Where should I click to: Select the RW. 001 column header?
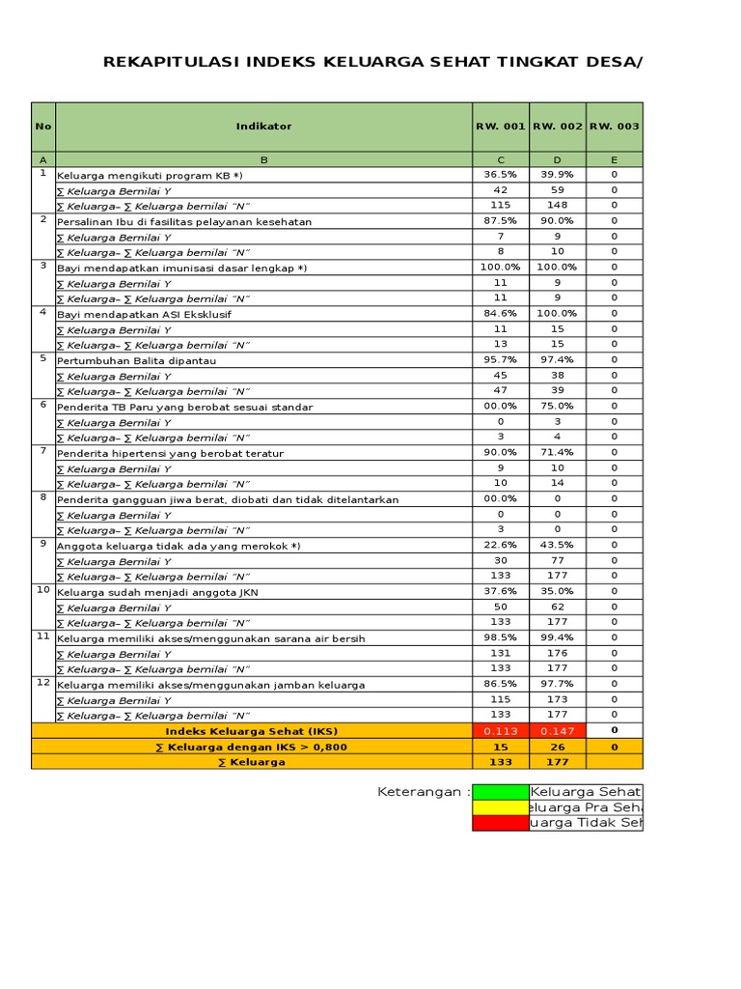coord(500,127)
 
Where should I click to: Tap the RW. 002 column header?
coord(557,127)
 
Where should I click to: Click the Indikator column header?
coord(263,127)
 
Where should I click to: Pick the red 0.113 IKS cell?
coord(500,731)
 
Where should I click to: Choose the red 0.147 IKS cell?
coord(557,731)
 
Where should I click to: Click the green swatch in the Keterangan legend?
coord(500,792)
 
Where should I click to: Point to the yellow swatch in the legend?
coord(500,807)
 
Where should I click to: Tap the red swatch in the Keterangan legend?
coord(500,823)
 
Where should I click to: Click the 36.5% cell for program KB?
coord(500,175)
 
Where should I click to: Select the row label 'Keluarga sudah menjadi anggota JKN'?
coord(157,592)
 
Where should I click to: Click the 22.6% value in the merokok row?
coord(500,546)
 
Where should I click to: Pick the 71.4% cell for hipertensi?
coord(557,453)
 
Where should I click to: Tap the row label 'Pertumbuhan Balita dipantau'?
coord(136,361)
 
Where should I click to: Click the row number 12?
coord(42,682)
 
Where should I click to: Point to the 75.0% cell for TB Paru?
coord(557,407)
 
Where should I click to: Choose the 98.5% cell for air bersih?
coord(500,638)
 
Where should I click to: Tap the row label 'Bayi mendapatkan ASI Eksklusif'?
coord(144,315)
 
